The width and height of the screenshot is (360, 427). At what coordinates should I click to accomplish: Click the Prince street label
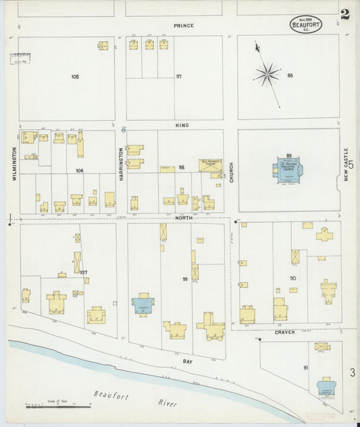pyautogui.click(x=183, y=26)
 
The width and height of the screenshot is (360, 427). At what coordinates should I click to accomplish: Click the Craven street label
pyautogui.click(x=285, y=332)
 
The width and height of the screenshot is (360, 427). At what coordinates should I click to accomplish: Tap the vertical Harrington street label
pyautogui.click(x=122, y=163)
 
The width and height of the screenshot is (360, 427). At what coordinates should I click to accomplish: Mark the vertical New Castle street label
pyautogui.click(x=345, y=164)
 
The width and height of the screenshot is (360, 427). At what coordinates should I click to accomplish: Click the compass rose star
pyautogui.click(x=267, y=74)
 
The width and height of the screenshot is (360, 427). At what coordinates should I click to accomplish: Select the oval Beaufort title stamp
pyautogui.click(x=306, y=24)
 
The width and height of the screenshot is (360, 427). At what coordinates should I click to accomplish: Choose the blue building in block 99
pyautogui.click(x=143, y=305)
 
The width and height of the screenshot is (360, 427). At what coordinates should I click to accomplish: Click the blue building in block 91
pyautogui.click(x=328, y=386)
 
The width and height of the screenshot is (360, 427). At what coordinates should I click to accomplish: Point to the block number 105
pyautogui.click(x=75, y=76)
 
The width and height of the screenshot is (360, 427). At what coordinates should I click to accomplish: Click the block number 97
pyautogui.click(x=179, y=76)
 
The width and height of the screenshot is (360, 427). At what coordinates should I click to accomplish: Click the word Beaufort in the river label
pyautogui.click(x=110, y=395)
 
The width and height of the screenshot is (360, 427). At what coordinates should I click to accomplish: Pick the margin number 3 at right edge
pyautogui.click(x=352, y=372)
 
